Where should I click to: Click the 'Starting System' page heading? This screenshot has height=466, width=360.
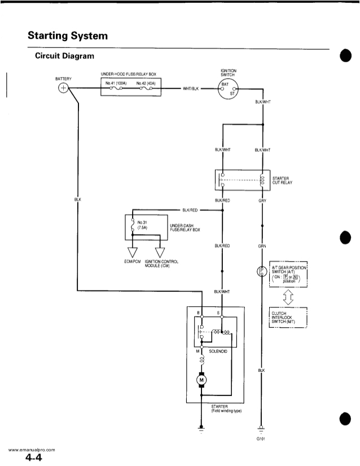click(x=67, y=36)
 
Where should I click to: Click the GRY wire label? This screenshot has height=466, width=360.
click(x=262, y=201)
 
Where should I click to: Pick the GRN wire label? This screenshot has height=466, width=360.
click(x=262, y=246)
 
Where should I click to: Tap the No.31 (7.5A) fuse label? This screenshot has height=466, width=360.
click(x=143, y=225)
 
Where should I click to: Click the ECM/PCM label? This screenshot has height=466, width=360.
click(x=132, y=261)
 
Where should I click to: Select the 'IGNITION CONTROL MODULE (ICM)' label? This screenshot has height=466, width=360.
click(x=162, y=263)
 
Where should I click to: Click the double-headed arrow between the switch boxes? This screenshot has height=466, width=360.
click(x=287, y=296)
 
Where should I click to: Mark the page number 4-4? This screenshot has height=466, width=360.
click(x=34, y=458)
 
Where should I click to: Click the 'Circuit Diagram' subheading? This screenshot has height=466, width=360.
click(x=65, y=56)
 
